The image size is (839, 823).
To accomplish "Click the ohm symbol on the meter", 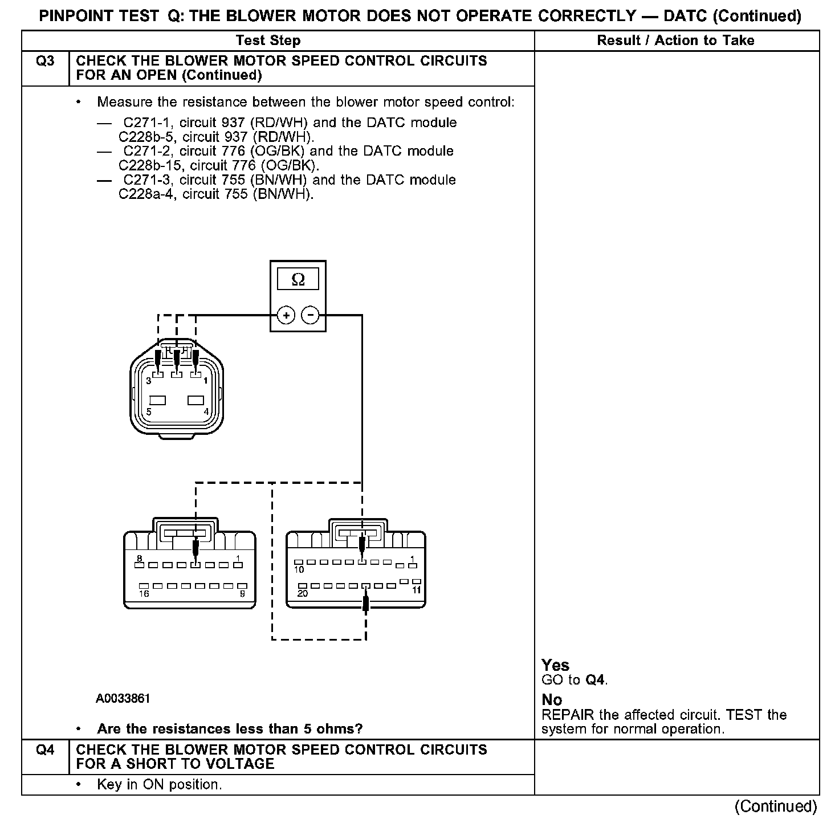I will click(x=298, y=280).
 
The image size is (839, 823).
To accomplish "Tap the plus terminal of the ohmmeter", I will click(x=286, y=315).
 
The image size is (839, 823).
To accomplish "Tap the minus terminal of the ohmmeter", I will click(x=310, y=315).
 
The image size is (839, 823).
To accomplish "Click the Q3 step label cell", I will click(x=45, y=61).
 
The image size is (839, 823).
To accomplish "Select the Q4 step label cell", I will click(x=45, y=749).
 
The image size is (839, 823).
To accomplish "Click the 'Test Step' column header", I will click(x=268, y=40).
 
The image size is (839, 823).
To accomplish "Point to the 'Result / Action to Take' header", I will click(x=675, y=40).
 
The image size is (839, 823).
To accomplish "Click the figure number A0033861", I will click(x=123, y=699).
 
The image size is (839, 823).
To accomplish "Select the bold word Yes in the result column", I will click(x=555, y=665).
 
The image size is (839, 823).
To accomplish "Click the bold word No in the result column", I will click(x=552, y=700).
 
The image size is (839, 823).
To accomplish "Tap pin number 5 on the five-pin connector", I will click(x=149, y=412).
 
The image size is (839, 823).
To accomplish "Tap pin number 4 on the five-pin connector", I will click(x=206, y=412).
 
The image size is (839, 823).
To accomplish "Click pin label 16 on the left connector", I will click(x=144, y=594).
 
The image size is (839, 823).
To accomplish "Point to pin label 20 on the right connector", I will click(x=302, y=593).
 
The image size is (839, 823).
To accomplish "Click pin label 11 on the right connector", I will click(x=417, y=590).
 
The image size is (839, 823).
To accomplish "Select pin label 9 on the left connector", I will click(x=242, y=594).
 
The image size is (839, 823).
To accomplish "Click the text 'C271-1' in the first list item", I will click(x=143, y=123).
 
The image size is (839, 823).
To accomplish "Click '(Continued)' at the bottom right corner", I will click(x=776, y=806).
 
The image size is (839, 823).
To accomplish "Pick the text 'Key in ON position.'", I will click(x=159, y=785).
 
